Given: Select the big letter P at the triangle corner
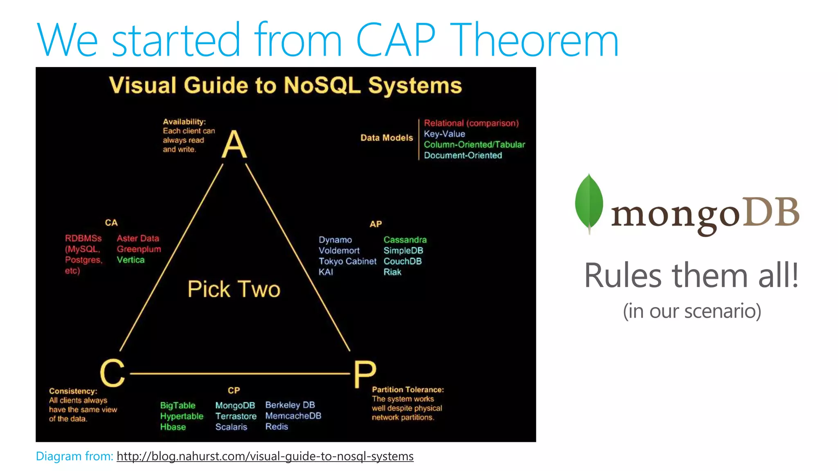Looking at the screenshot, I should coord(365,374).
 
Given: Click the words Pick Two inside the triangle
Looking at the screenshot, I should coord(234,289).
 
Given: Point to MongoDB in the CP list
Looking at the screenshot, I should coord(235,405).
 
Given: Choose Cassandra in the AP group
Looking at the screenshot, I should coord(405,240).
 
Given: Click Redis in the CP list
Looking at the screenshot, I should coord(277,426).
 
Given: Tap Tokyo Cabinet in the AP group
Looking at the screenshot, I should coord(347,261).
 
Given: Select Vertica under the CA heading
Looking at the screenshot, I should coord(131,260).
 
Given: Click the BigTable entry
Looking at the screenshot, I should coord(178,405).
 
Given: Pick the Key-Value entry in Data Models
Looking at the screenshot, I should coord(444,134).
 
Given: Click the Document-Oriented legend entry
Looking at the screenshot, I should coord(463,155).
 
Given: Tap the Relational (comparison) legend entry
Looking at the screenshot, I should coord(471,123).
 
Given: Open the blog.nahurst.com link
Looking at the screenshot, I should coord(265,456).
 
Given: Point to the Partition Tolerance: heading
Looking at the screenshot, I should coord(408,390).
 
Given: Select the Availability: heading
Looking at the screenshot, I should coord(184,121).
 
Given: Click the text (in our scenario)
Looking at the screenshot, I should coord(692,311).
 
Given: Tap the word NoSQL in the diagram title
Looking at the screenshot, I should coord(322,85).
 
